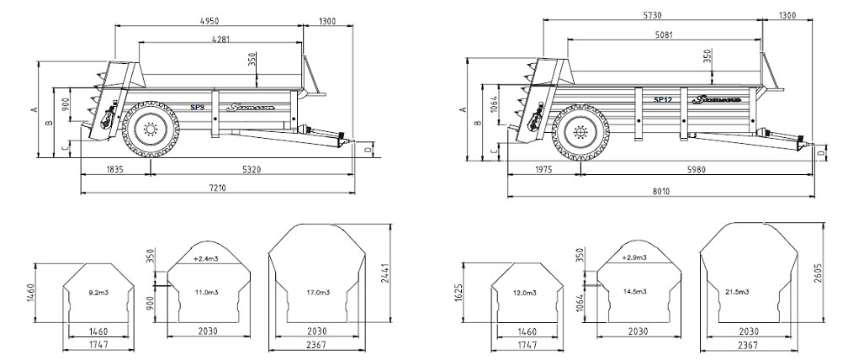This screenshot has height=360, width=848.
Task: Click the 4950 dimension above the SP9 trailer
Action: point(221,17)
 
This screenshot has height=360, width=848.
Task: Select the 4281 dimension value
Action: point(221,39)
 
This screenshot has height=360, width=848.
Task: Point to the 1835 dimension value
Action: point(114,169)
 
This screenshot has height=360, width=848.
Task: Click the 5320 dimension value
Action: point(252,169)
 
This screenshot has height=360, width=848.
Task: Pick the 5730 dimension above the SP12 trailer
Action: point(652,17)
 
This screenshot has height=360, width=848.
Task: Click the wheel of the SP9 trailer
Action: point(150,130)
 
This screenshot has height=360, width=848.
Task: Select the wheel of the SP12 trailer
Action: point(580,132)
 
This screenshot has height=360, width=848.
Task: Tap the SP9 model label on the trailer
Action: point(197,107)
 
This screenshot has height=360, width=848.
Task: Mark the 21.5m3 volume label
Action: point(746,292)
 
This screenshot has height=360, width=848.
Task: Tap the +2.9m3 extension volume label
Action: point(635,257)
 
